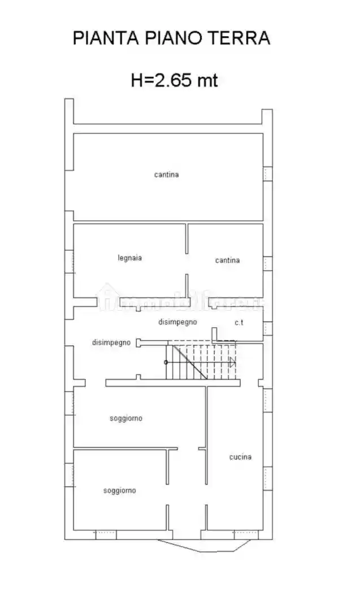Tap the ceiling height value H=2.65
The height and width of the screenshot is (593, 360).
pyautogui.click(x=162, y=80)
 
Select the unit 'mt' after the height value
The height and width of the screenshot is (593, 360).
pyautogui.click(x=207, y=80)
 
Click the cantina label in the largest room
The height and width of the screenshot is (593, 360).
pyautogui.click(x=166, y=175)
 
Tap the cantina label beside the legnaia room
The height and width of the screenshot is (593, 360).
pyautogui.click(x=227, y=260)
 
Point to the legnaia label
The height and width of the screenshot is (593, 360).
pyautogui.click(x=129, y=258)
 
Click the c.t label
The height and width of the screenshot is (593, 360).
pyautogui.click(x=239, y=322)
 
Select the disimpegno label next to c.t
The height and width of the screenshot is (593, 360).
pyautogui.click(x=177, y=322)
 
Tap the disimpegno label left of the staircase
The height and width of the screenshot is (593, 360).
pyautogui.click(x=111, y=342)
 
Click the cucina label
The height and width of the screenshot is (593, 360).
pyautogui.click(x=240, y=457)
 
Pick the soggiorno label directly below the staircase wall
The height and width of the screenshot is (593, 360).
pyautogui.click(x=126, y=418)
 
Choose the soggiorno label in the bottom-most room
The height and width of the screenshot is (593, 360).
pyautogui.click(x=119, y=491)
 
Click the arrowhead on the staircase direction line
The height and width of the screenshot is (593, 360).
pyautogui.click(x=232, y=362)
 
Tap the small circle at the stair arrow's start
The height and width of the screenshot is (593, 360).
pyautogui.click(x=166, y=362)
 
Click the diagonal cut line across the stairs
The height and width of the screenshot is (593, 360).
pyautogui.click(x=189, y=361)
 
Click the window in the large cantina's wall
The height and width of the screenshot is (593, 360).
pyautogui.click(x=267, y=174)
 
